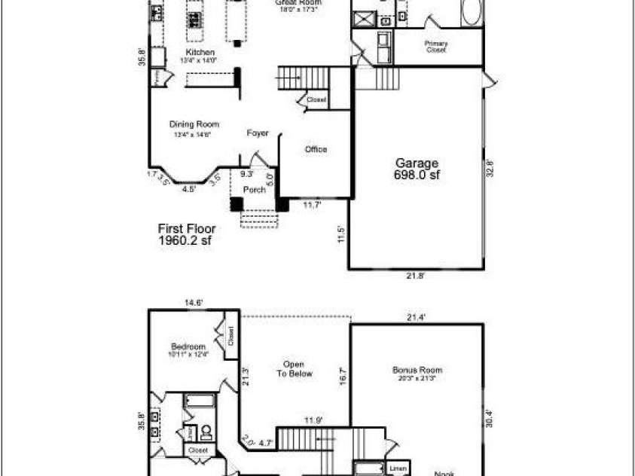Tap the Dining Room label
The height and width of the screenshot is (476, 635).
pos(194,124)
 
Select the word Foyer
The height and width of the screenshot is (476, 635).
pos(258,133)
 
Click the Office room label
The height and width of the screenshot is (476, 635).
pos(316,149)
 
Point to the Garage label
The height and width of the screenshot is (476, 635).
pos(417,163)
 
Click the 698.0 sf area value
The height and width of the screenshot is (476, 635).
pos(417,175)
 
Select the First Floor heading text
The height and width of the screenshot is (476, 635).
pos(186,228)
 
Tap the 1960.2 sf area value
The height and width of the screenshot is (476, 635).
pos(185,241)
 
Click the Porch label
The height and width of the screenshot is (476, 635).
pos(255,190)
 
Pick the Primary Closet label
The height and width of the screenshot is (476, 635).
pos(436,47)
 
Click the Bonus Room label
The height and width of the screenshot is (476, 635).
pos(417,370)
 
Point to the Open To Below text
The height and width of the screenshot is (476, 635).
pos(294,369)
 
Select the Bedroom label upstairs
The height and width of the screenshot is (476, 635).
pos(188,346)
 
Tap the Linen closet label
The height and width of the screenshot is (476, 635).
pos(398,468)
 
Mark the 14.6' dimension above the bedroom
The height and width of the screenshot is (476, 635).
pos(194,303)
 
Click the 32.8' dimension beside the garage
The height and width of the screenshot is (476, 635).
pos(489,167)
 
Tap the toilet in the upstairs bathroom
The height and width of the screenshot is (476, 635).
pos(206,432)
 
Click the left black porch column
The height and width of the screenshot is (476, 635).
pos(237,203)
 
